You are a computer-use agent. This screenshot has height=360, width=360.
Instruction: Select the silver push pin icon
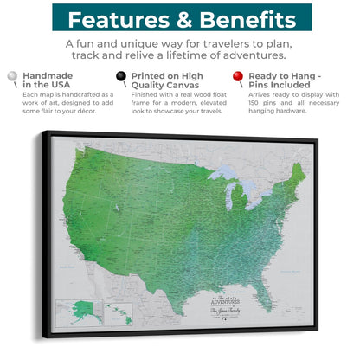pos(10,78)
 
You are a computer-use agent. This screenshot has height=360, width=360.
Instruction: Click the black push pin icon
pos(122,78)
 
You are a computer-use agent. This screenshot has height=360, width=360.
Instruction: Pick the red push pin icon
pos(238,78)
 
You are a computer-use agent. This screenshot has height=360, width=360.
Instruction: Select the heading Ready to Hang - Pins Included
pos(290,81)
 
